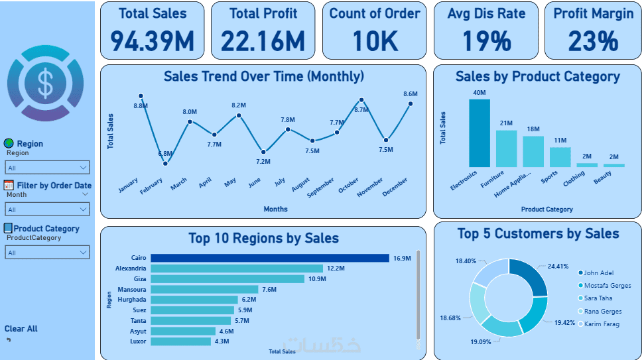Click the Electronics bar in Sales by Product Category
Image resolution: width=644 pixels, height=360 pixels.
click(480, 133)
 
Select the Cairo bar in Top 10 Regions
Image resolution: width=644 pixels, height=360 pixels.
click(269, 258)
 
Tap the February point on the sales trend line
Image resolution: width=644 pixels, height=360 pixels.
click(165, 162)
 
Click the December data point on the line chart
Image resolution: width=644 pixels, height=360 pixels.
click(411, 103)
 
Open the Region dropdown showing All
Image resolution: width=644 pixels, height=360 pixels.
click(47, 168)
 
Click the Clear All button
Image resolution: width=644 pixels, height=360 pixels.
click(21, 329)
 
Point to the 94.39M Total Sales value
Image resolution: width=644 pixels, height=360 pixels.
click(152, 42)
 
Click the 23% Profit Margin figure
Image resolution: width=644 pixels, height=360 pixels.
click(593, 42)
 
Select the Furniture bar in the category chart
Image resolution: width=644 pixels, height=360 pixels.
click(506, 149)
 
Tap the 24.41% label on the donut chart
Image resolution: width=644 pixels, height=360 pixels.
click(557, 267)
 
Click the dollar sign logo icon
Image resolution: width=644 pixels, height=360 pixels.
click(45, 83)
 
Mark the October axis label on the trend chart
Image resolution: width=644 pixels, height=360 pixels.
click(348, 186)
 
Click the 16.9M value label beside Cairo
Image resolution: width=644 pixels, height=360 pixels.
click(403, 258)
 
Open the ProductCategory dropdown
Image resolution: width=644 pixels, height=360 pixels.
click(47, 252)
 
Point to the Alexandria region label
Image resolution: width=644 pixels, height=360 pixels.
click(130, 269)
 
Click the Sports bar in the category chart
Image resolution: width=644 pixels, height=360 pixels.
click(560, 157)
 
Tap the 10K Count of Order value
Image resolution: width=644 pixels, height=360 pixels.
click(375, 42)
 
